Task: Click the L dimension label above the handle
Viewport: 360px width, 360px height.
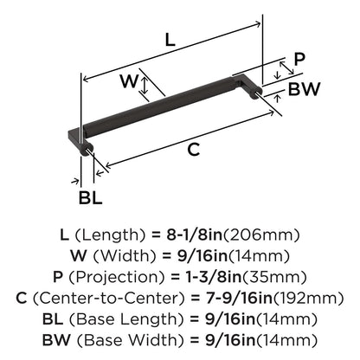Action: click(170, 40)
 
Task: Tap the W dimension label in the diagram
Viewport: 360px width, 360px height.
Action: click(129, 81)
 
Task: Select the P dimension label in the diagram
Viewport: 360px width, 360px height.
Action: click(299, 60)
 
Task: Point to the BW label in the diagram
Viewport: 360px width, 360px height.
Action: click(305, 89)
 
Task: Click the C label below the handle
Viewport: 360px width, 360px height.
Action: click(194, 150)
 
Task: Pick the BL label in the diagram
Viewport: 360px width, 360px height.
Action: click(91, 198)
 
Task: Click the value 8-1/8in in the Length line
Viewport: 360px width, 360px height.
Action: click(194, 235)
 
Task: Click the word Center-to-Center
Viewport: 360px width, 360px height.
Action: click(108, 299)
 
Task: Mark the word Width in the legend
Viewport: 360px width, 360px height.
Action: click(125, 256)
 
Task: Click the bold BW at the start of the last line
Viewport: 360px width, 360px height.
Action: click(56, 340)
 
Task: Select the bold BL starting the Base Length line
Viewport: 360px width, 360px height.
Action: click(53, 319)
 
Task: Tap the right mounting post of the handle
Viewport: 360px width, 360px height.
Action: click(256, 93)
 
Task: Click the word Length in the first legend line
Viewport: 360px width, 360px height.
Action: click(111, 235)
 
